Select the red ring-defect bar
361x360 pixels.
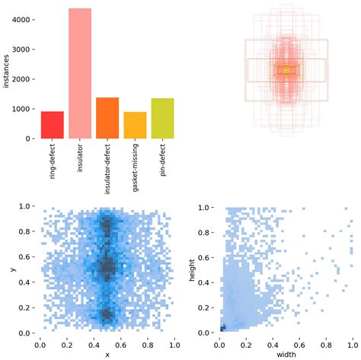(52, 125)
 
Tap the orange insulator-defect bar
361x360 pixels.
(107, 118)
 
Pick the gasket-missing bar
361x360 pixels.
(135, 126)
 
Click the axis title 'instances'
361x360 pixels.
(6, 73)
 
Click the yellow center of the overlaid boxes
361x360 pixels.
(286, 70)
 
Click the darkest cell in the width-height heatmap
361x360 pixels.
(222, 328)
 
